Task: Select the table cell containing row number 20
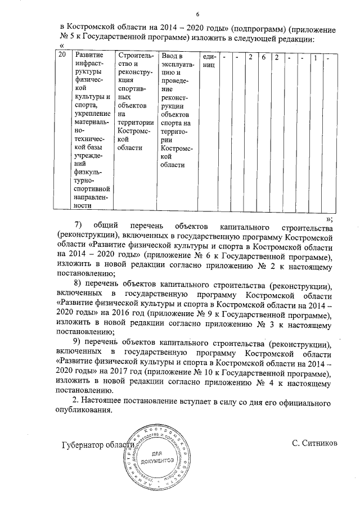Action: coord(64,56)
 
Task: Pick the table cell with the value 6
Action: coord(263,56)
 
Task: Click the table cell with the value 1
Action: coord(316,56)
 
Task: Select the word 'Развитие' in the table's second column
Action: coord(90,56)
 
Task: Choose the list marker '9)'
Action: coord(79,344)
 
